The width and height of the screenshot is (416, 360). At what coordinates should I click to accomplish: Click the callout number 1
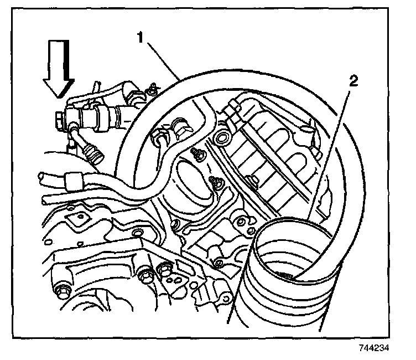pyautogui.click(x=142, y=38)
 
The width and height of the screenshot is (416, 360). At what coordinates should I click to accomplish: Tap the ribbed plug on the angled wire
pyautogui.click(x=94, y=152)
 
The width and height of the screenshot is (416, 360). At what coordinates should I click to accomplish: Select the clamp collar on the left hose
pyautogui.click(x=72, y=180)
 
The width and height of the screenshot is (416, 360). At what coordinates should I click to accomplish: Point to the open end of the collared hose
pyautogui.click(x=41, y=177)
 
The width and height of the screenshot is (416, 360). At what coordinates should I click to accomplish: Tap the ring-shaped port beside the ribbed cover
pyautogui.click(x=223, y=136)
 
